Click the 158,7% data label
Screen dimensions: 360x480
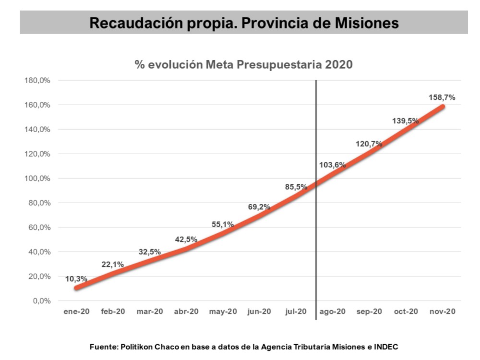(x=442, y=97)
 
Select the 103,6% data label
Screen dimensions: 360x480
(x=332, y=165)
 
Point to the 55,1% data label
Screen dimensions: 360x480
(x=223, y=224)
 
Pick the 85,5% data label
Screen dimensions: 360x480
(x=296, y=187)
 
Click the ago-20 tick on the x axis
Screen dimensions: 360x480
(x=332, y=312)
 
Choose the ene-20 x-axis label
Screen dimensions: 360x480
(x=76, y=312)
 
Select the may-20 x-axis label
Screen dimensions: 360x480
(x=223, y=312)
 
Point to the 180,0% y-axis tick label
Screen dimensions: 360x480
(x=37, y=80)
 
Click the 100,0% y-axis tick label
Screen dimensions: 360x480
(x=37, y=179)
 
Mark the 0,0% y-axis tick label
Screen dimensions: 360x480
(x=41, y=301)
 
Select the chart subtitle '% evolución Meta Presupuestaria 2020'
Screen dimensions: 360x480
(x=244, y=66)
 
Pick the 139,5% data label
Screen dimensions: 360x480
(x=406, y=121)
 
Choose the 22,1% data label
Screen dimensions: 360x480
(x=113, y=264)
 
